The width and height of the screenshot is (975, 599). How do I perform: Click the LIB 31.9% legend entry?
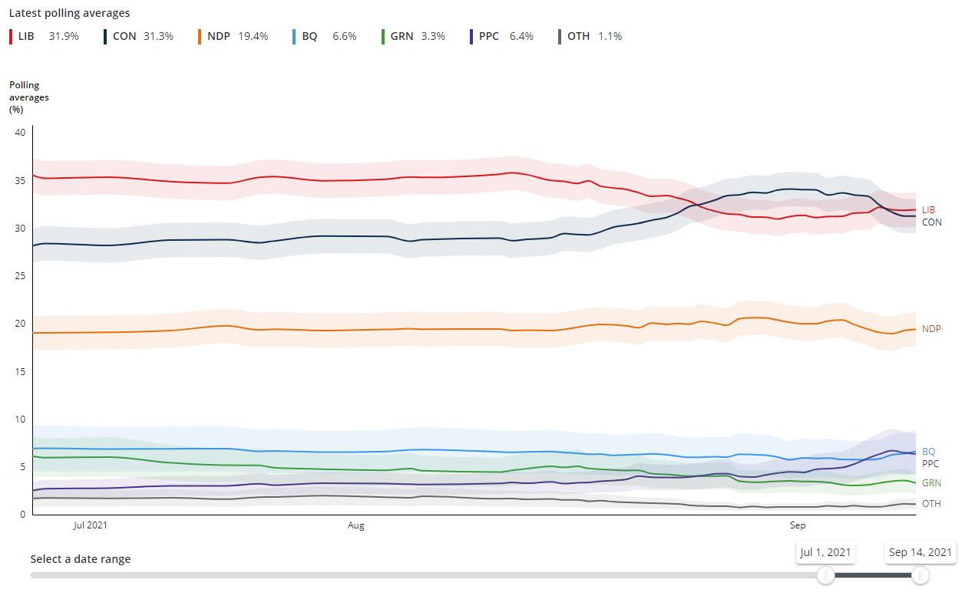tap(44, 36)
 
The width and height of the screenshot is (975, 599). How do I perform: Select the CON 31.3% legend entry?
tap(139, 36)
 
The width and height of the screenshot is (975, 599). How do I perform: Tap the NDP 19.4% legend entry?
tap(233, 36)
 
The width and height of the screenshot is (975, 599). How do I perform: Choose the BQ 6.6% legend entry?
tap(325, 36)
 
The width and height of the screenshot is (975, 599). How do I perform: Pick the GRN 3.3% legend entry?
tap(413, 36)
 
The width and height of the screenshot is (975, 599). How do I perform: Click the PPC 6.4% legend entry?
tap(501, 36)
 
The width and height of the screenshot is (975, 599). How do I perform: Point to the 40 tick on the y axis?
tap(21, 133)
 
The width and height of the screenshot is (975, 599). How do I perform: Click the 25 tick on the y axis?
tap(21, 276)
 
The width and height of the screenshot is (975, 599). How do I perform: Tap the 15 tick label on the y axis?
tap(21, 372)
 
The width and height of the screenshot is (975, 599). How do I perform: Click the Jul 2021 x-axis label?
tap(90, 525)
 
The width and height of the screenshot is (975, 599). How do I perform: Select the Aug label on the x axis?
tap(355, 525)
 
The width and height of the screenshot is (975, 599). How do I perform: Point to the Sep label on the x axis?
tap(798, 525)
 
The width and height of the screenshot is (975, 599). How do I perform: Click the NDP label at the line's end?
tap(931, 329)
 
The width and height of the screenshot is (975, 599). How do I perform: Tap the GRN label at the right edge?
tap(931, 483)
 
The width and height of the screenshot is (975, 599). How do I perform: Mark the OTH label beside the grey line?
tap(931, 504)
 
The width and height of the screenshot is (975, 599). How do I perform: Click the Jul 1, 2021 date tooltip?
tap(825, 552)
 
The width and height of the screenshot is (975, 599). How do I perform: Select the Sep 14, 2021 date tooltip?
tap(920, 552)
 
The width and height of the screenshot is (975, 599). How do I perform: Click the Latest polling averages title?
tap(69, 13)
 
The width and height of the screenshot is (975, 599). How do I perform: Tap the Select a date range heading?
tap(81, 559)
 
